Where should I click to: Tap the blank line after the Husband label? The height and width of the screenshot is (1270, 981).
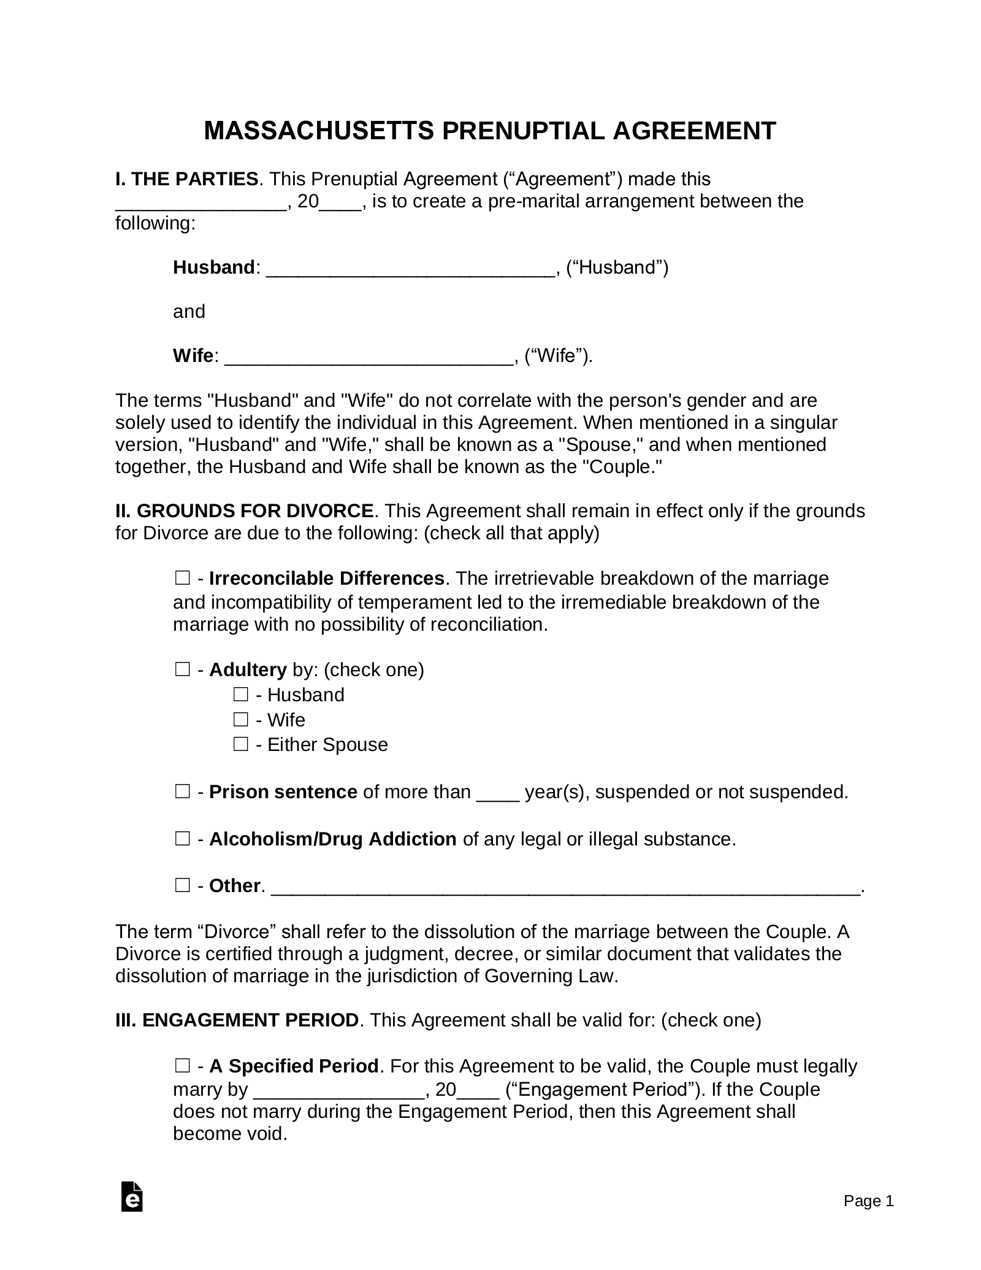pos(410,269)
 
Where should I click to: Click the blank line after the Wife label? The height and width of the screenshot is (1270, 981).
pos(368,357)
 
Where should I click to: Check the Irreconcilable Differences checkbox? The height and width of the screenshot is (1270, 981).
pos(182,578)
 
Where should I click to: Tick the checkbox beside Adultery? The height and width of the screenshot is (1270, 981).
pos(182,669)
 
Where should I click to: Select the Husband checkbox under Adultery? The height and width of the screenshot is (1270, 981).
pos(240,695)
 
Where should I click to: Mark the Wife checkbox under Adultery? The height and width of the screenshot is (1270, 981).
pos(240,719)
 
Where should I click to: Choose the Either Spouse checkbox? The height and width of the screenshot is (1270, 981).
pos(240,744)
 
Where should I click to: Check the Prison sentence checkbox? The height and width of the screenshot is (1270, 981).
pos(182,792)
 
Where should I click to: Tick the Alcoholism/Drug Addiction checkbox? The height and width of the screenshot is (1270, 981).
pos(182,839)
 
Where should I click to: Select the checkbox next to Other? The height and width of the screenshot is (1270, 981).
pos(182,885)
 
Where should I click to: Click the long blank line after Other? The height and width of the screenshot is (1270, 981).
pos(565,888)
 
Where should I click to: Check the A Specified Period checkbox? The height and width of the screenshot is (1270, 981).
pos(182,1066)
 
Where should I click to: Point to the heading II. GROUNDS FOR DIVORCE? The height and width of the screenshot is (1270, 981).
pos(245,510)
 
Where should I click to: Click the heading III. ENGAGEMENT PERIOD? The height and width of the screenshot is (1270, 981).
pos(237,1020)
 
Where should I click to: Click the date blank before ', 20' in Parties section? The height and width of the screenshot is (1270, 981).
pos(201,203)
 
